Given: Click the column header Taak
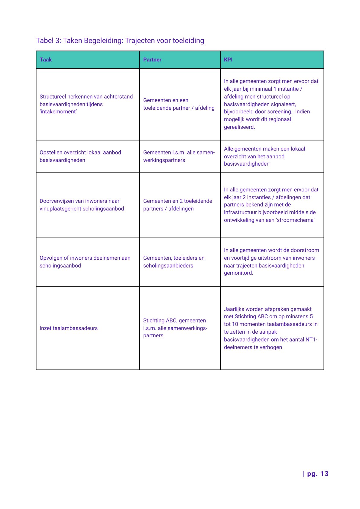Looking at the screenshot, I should tap(46, 60).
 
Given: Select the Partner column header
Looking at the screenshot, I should tap(152, 60).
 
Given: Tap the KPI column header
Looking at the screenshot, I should tap(228, 60).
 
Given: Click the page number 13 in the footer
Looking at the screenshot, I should tap(324, 474).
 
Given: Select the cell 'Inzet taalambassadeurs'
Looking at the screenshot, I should tap(69, 328).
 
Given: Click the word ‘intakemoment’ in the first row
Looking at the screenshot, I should tap(58, 112).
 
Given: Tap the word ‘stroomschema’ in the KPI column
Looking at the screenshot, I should tap(295, 220).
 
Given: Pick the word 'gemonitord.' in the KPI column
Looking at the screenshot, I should tap(238, 273).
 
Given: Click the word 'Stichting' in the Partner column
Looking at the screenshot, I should tap(154, 320).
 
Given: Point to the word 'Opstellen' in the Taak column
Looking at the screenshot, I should tap(51, 152).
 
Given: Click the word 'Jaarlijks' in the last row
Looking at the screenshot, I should tap(234, 309).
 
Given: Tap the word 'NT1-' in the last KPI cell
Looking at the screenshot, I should tap(311, 339).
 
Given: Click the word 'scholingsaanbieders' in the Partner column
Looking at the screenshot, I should tap(168, 266).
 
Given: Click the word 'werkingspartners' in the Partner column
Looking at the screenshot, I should tap(164, 160).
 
